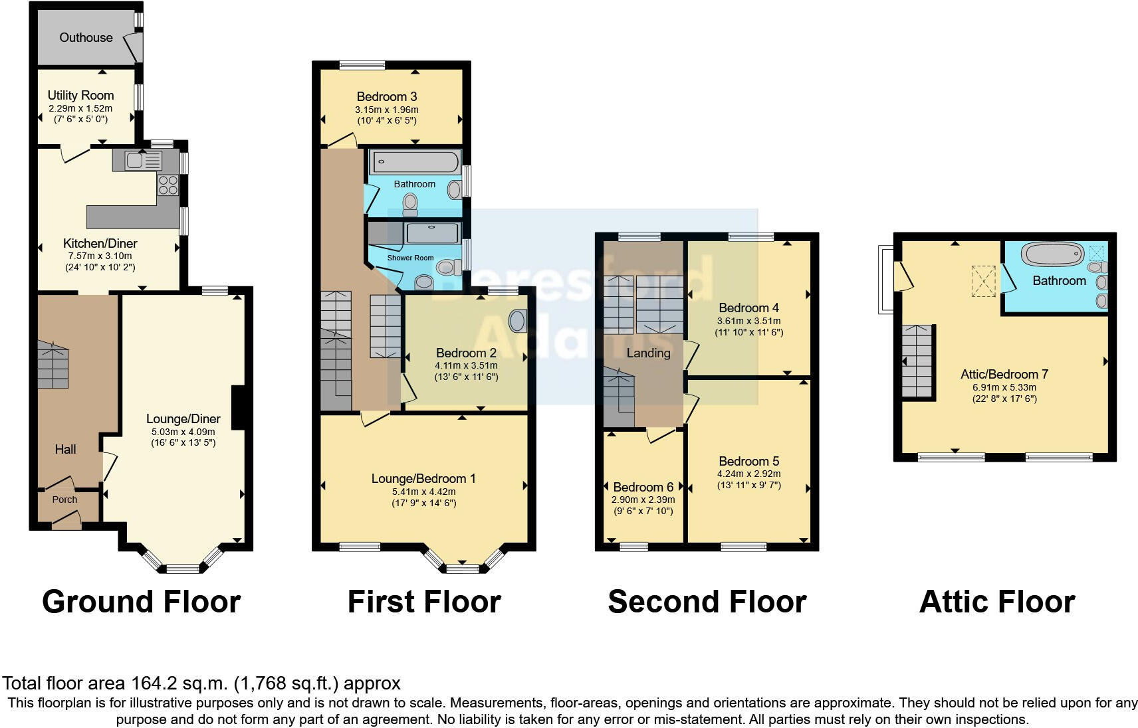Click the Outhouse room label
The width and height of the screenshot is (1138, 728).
tap(86, 37)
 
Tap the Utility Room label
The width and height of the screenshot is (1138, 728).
tap(80, 96)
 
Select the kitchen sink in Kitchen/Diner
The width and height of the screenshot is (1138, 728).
tap(135, 160)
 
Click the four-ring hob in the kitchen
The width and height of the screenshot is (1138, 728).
tap(168, 184)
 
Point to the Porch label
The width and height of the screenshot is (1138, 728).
tap(64, 500)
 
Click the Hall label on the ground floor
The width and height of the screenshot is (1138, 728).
tap(65, 450)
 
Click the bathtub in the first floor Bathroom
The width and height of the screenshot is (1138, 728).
tap(415, 162)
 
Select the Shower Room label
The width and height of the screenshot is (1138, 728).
tap(410, 258)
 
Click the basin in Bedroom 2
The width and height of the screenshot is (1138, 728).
tap(516, 321)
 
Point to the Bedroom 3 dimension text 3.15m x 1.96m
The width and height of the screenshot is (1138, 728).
tap(387, 110)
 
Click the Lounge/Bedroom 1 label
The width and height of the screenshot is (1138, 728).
tap(423, 479)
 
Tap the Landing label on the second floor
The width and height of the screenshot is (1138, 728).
tap(648, 353)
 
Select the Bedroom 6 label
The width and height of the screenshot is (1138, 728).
tap(643, 488)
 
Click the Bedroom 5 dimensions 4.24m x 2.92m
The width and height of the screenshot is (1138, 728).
tap(748, 474)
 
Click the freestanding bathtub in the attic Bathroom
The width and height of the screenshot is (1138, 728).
tap(1052, 254)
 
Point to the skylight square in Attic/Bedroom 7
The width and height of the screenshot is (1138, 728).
tap(984, 280)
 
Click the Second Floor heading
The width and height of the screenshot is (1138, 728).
tap(707, 602)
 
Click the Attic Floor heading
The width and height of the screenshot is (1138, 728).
tap(996, 602)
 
